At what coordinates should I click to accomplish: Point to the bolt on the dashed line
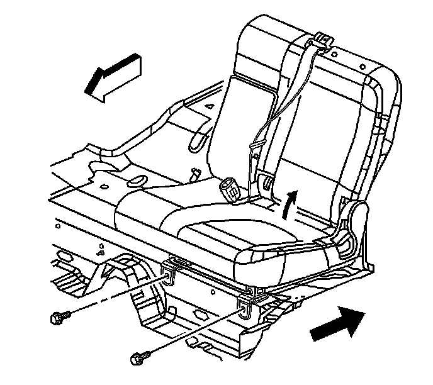coord(59,316)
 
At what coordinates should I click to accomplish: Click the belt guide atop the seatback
coord(323,40)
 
